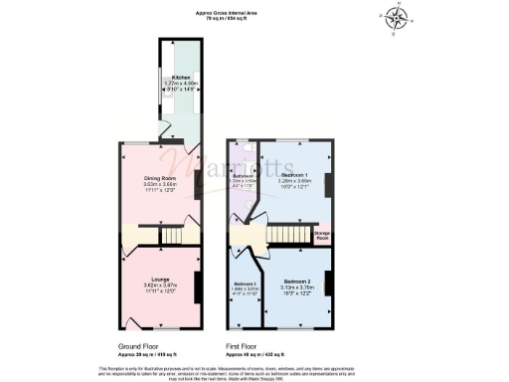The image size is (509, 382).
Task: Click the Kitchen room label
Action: point(181,76)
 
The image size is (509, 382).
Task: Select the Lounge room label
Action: point(160,280)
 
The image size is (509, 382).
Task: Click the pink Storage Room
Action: point(323,238)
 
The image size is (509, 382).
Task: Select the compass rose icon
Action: point(397,19)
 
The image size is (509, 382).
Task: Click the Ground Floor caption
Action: point(138,347)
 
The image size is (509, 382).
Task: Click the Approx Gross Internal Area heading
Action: point(254,12)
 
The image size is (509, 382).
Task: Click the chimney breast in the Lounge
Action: point(198,284)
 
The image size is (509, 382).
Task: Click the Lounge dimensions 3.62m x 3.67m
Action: point(160,286)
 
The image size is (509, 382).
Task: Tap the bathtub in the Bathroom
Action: point(233,165)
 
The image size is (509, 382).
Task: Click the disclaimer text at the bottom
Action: point(254,371)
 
